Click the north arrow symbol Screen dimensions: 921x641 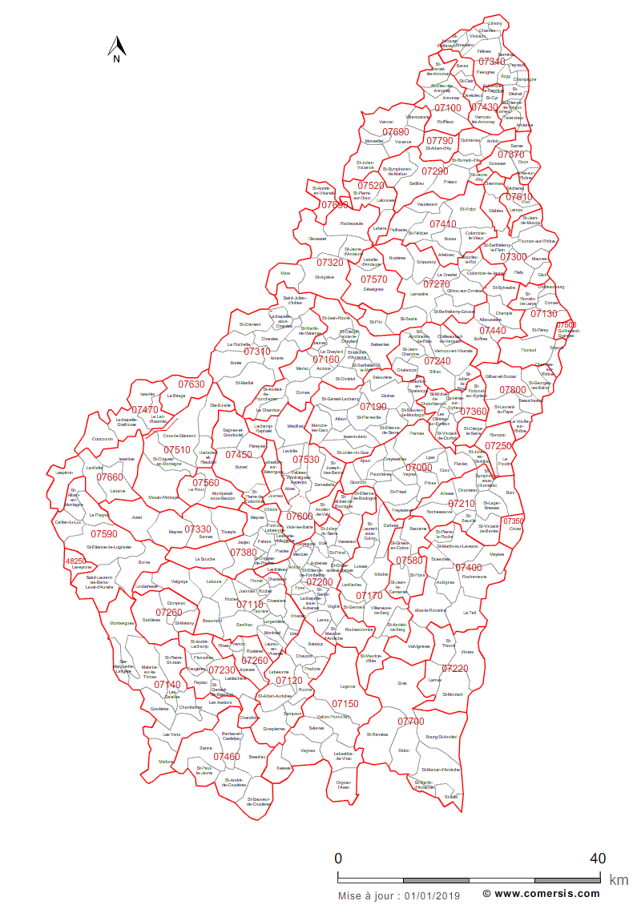pyautogui.click(x=116, y=49)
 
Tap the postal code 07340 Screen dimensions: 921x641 pyautogui.click(x=492, y=62)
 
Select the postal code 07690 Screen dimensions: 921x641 pyautogui.click(x=395, y=132)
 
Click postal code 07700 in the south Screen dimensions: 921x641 pyautogui.click(x=410, y=722)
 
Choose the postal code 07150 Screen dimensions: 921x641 pyautogui.click(x=345, y=704)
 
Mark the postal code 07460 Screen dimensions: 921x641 pyautogui.click(x=227, y=756)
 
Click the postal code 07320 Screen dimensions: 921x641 pyautogui.click(x=330, y=262)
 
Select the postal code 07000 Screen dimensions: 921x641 pyautogui.click(x=419, y=468)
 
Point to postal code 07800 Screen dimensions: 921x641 pyautogui.click(x=513, y=390)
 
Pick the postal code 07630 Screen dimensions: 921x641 pyautogui.click(x=191, y=384)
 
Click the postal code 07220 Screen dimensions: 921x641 pyautogui.click(x=454, y=669)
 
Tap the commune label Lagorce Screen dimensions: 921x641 pyautogui.click(x=347, y=686)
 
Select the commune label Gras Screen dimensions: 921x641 pyautogui.click(x=402, y=683)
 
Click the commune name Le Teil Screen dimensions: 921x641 pyautogui.click(x=470, y=613)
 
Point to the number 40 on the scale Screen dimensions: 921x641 pyautogui.click(x=597, y=858)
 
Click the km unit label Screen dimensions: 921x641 pyautogui.click(x=619, y=879)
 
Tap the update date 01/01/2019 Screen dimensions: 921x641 pyautogui.click(x=433, y=895)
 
